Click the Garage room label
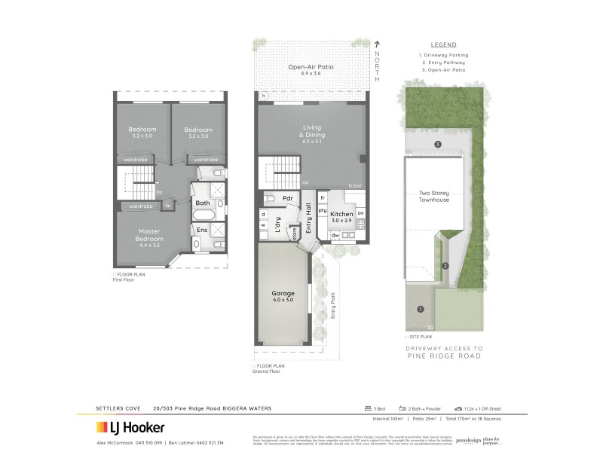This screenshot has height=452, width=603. click(283, 295)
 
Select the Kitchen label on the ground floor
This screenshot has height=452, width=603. click(341, 218)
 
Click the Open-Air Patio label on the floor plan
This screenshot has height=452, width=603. click(311, 70)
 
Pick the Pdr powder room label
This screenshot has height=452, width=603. click(287, 199)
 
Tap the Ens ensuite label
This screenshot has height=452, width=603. click(203, 229)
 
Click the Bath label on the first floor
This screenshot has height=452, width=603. click(203, 203)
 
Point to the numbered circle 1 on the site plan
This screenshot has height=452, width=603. click(421, 307)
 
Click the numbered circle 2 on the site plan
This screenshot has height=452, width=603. click(445, 265)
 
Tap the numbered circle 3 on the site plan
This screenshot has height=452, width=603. click(437, 144)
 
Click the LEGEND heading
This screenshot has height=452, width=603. click(442, 44)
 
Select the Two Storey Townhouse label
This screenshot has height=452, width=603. click(434, 196)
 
